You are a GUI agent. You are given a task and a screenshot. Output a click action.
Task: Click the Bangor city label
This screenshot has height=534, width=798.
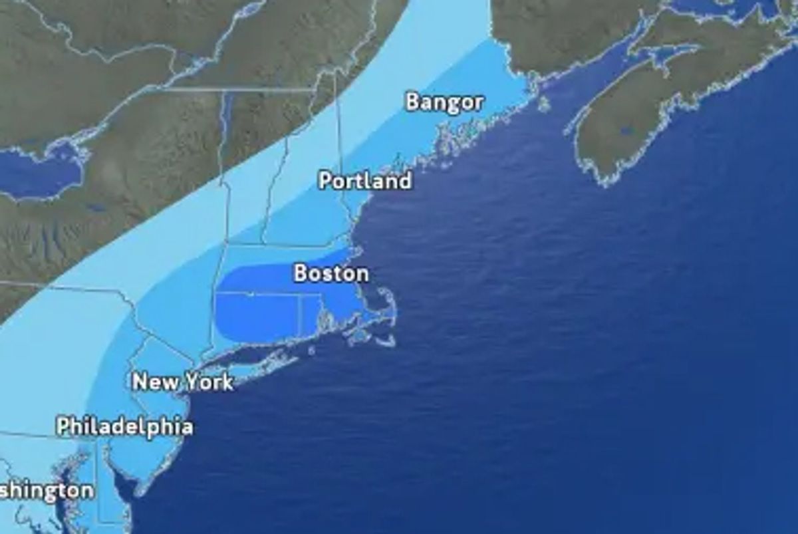point(444,102)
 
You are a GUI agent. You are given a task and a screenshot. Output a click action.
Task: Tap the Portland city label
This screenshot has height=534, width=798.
point(365,181)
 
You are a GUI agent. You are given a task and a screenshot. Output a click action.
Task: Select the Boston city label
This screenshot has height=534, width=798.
point(331,273)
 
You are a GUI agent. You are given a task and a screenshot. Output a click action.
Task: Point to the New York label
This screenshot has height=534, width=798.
point(183,382)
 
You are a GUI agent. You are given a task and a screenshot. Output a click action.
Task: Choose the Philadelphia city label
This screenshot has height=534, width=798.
point(125,426)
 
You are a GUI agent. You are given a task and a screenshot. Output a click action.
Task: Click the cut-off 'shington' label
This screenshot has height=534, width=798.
point(47,491)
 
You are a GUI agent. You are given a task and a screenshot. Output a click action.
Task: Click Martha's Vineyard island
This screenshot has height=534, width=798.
point(359,336)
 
